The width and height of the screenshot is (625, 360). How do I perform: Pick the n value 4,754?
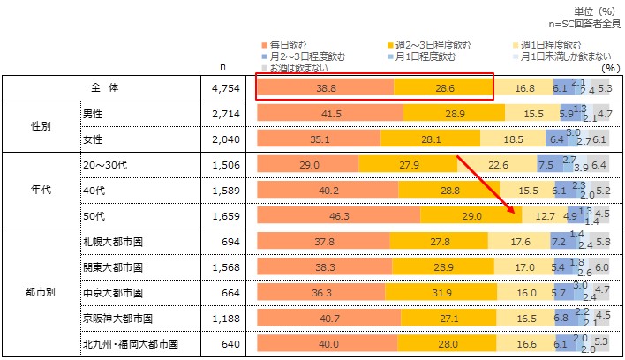(226, 88)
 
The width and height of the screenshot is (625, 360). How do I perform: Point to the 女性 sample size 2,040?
(226, 139)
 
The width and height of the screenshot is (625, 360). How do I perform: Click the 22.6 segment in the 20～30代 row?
(498, 165)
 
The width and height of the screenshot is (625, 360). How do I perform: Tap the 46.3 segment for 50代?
(338, 215)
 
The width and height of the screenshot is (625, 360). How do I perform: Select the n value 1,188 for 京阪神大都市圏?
(226, 317)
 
